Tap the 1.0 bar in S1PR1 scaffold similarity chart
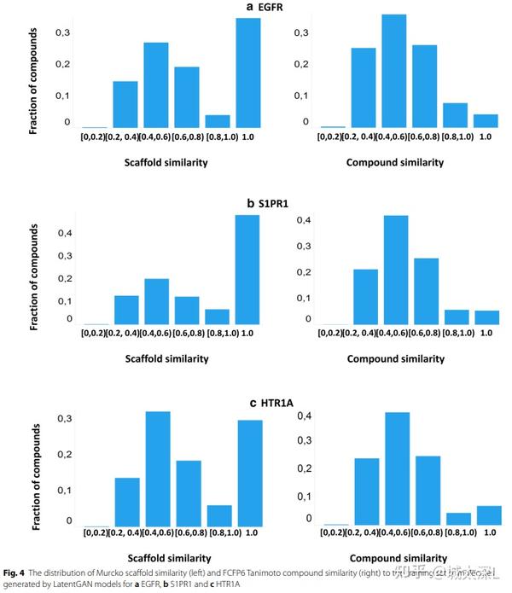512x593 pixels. [x=247, y=270]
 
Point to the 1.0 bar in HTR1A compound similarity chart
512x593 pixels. [x=489, y=515]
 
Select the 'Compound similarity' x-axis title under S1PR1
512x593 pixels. [x=395, y=358]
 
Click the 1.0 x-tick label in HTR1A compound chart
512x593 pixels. [x=489, y=532]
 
